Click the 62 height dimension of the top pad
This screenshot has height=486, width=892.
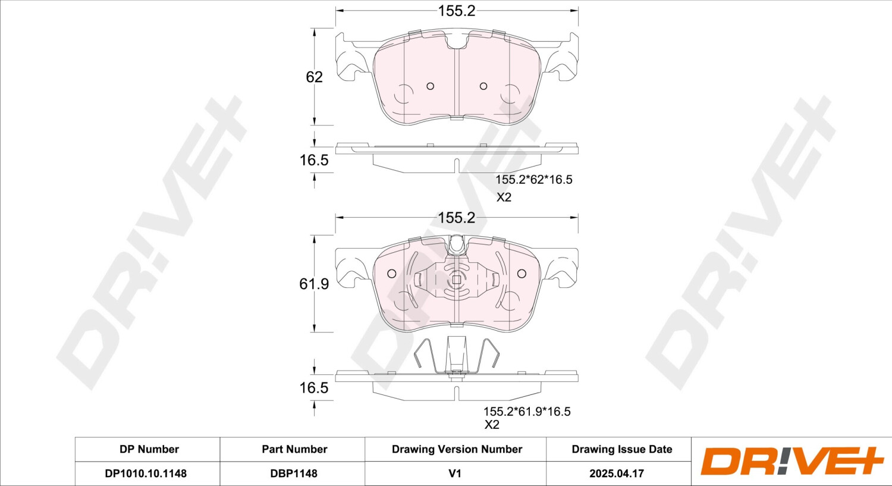tap(314, 77)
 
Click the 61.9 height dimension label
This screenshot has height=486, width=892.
tap(314, 284)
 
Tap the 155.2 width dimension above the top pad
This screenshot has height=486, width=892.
tap(457, 11)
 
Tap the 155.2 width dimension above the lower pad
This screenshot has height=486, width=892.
tap(456, 218)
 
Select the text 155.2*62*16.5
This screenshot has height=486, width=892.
tap(533, 180)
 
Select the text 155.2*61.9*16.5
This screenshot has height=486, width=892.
tap(527, 412)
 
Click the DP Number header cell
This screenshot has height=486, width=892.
tap(149, 449)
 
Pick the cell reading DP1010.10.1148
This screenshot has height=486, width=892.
tap(146, 474)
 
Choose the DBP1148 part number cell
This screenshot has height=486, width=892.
tap(294, 474)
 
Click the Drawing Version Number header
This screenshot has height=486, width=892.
tap(457, 449)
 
